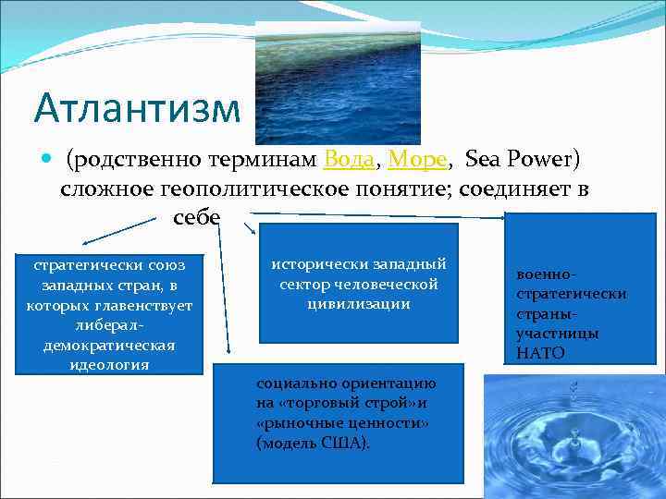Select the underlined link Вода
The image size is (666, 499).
[349, 160]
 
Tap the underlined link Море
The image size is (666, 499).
[418, 160]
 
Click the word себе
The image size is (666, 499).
[195, 218]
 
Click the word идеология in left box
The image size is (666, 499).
[109, 363]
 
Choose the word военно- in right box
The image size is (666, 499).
[549, 274]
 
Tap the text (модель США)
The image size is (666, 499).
[313, 443]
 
